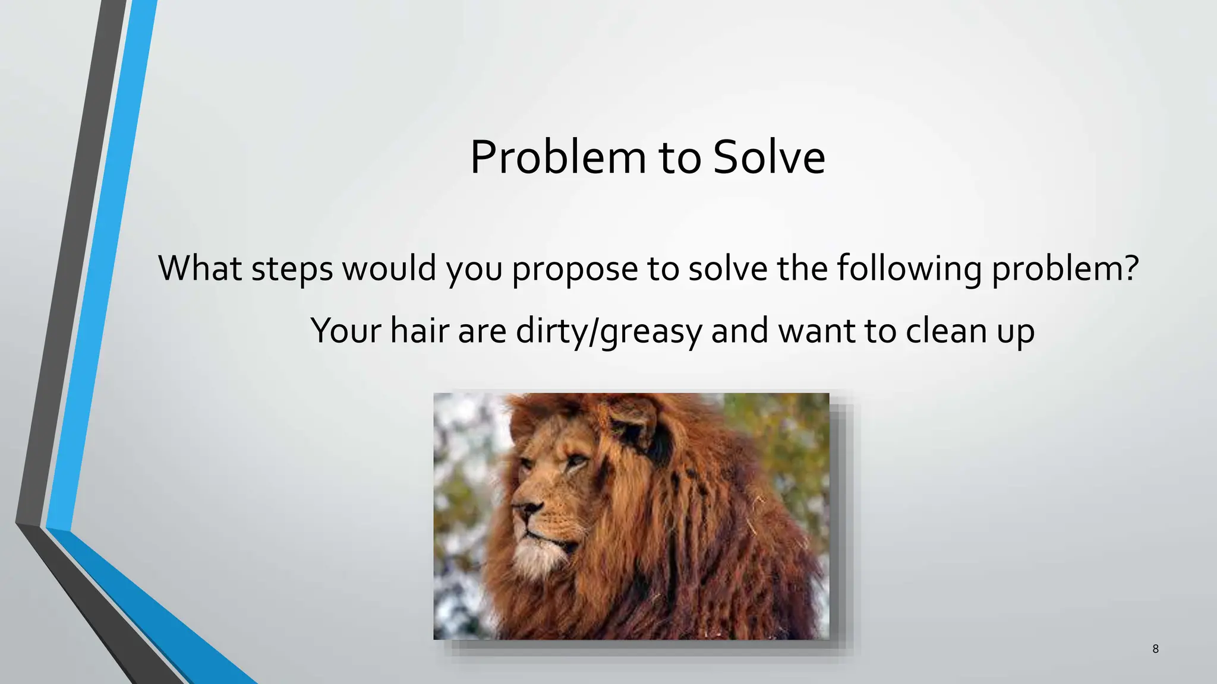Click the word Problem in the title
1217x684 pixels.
557,157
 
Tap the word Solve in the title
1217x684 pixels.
769,157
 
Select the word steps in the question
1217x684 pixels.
292,268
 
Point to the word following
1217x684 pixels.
909,268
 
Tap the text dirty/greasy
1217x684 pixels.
609,330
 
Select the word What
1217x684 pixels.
200,268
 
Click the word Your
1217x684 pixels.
346,330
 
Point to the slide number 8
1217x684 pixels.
1155,649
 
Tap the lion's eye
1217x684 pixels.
575,461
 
